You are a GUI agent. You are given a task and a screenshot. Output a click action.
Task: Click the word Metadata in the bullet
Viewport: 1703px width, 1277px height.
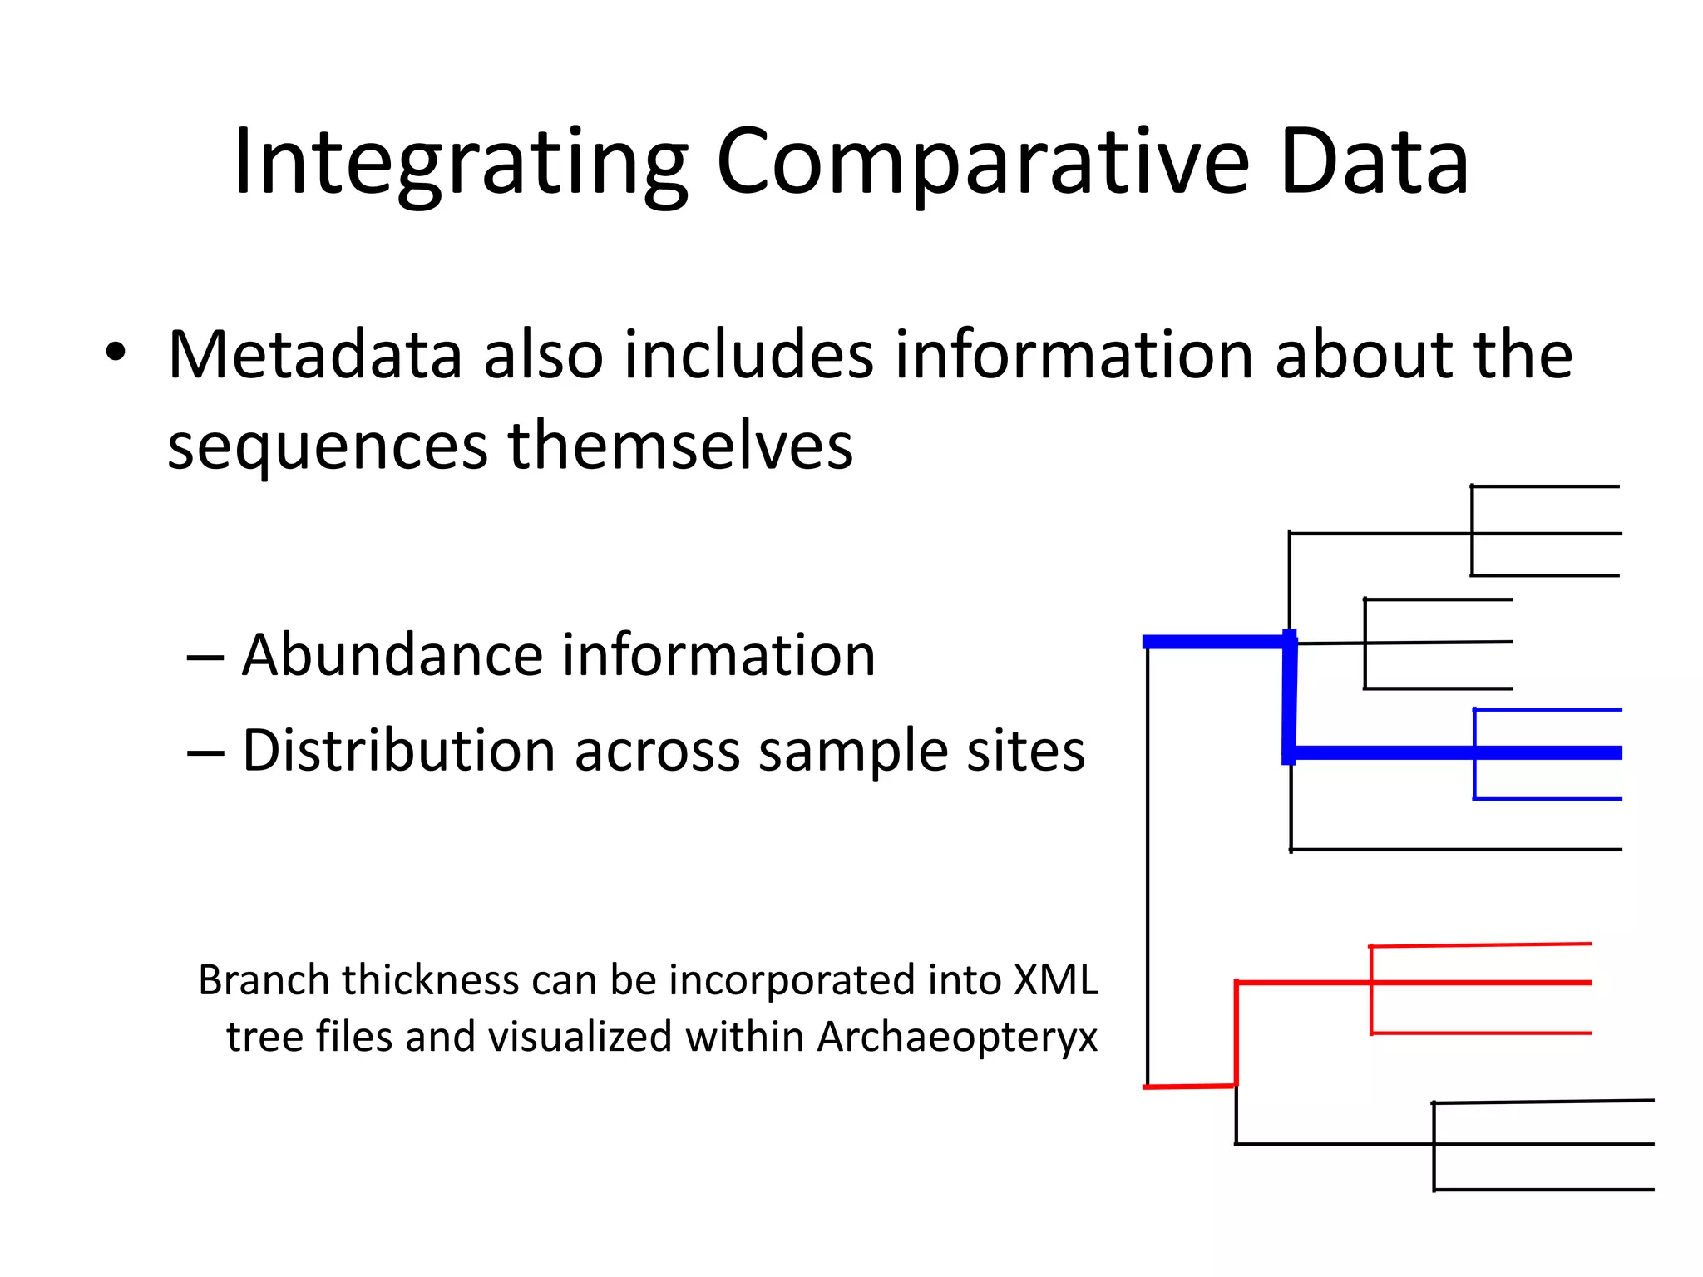(x=314, y=356)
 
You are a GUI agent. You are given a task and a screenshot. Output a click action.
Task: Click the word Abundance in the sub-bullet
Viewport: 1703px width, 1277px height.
(x=391, y=656)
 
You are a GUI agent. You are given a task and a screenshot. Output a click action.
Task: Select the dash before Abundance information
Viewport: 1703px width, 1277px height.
(x=205, y=658)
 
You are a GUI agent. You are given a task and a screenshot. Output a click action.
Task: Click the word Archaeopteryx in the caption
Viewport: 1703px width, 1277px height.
(x=957, y=1037)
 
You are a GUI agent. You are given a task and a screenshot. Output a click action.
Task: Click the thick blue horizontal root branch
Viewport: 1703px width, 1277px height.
(x=1214, y=641)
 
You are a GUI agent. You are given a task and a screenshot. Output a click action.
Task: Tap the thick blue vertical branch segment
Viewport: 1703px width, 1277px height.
(x=1290, y=698)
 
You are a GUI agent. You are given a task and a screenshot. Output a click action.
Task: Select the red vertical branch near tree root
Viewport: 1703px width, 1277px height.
(x=1237, y=1035)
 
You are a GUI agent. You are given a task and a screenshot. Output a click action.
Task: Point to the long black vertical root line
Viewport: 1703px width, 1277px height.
(x=1148, y=865)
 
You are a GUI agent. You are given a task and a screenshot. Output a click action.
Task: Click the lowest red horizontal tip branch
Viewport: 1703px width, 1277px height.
(x=1480, y=1033)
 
